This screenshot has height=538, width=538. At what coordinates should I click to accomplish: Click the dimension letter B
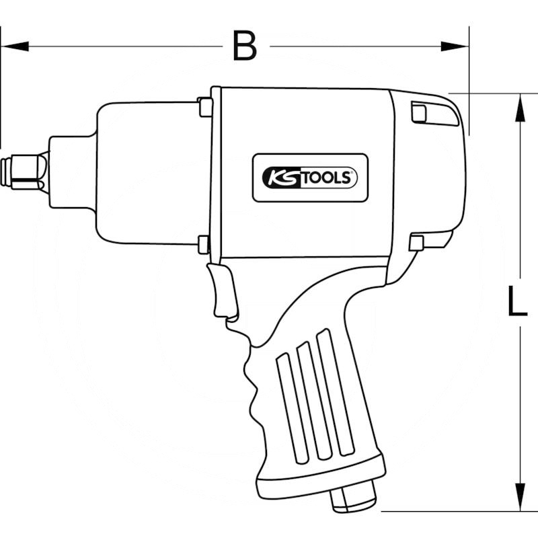pos(245,46)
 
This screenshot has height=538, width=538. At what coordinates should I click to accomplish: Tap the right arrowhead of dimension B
pos(455,46)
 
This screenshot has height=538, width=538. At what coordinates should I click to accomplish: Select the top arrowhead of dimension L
pos(520,108)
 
